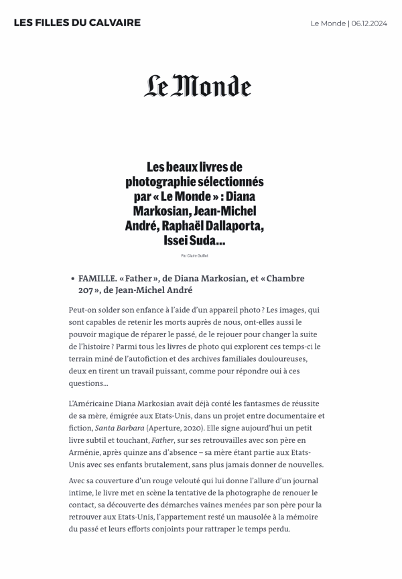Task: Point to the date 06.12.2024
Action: (368, 23)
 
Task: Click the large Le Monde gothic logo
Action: (198, 86)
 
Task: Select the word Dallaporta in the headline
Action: (235, 226)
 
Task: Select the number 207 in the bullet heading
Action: (86, 290)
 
